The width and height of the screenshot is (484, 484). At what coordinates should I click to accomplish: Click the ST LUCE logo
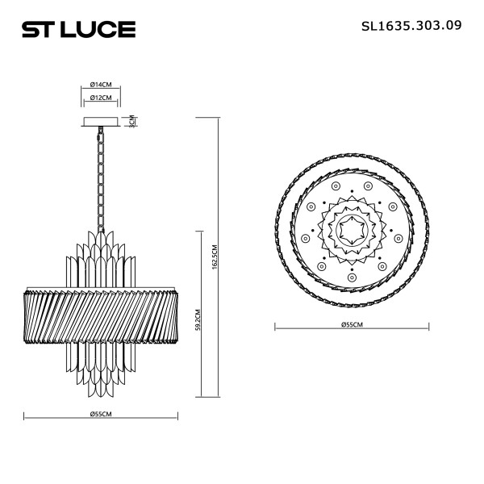[x=79, y=29]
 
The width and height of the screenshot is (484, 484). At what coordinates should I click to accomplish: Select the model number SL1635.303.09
[x=411, y=26]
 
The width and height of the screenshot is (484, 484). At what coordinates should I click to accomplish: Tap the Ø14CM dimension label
[x=101, y=84]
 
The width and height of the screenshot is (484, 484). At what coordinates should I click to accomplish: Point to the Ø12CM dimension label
[x=101, y=98]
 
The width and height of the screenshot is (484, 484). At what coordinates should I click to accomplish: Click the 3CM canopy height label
[x=131, y=121]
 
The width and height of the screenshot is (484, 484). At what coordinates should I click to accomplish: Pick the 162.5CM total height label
[x=215, y=257]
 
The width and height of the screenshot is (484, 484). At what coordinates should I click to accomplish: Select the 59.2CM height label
[x=198, y=319]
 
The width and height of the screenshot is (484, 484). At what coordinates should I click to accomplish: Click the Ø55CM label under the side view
[x=101, y=414]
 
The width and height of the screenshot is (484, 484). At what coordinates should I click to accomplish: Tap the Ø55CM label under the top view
[x=352, y=324]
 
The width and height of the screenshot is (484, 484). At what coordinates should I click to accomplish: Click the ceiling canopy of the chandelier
[x=101, y=122]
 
